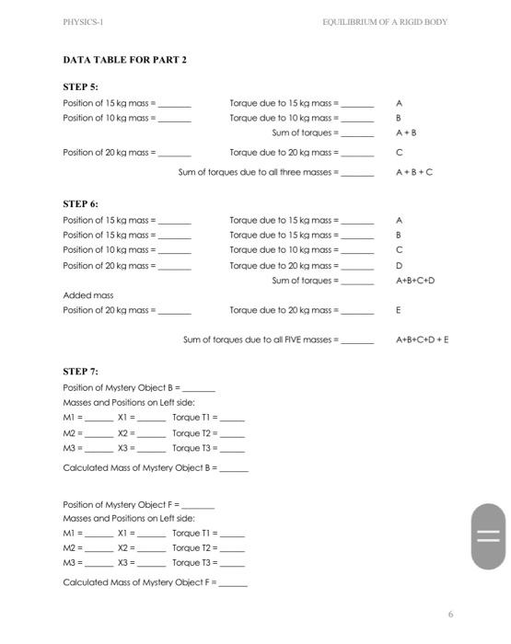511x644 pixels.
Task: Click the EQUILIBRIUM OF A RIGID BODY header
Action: click(384, 22)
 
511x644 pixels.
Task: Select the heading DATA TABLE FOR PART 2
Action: click(124, 60)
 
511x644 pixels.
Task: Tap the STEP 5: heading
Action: click(80, 86)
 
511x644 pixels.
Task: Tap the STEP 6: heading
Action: click(80, 203)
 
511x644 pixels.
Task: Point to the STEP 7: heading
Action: click(80, 371)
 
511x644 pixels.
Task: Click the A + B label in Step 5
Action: click(406, 132)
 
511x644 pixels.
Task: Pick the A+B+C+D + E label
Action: click(423, 339)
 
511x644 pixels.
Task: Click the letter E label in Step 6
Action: click(398, 310)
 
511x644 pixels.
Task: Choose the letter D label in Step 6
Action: click(399, 265)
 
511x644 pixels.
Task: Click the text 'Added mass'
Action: click(88, 295)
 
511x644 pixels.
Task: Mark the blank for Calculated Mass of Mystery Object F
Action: click(233, 583)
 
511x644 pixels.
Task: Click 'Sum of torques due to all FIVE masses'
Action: click(261, 339)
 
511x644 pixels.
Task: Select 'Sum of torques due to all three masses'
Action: click(259, 171)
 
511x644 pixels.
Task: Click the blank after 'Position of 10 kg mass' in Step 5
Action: click(176, 119)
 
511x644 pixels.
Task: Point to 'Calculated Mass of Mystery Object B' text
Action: click(139, 467)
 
